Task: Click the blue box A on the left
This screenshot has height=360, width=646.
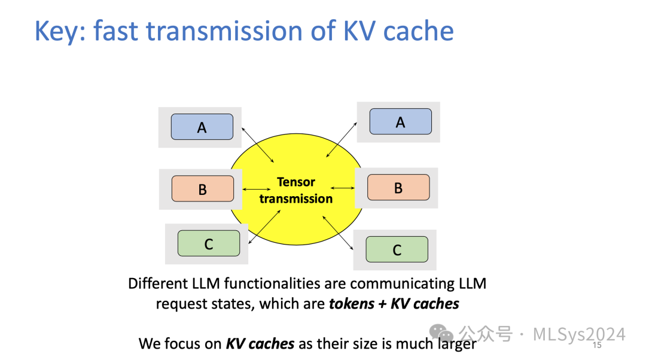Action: [x=202, y=127]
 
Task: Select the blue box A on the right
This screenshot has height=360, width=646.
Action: [x=400, y=121]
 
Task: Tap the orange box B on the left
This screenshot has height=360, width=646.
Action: [x=202, y=189]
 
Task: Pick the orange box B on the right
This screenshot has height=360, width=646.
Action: [x=398, y=187]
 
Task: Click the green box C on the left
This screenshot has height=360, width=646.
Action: [x=208, y=243]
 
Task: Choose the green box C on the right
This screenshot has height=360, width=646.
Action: [x=397, y=249]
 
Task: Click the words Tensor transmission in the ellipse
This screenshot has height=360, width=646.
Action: [x=295, y=190]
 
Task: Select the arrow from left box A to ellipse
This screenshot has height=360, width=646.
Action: [x=257, y=144]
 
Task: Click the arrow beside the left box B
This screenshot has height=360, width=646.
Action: [x=257, y=190]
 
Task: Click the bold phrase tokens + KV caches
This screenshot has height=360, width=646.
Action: [x=394, y=304]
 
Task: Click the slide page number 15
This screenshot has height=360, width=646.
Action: [x=596, y=346]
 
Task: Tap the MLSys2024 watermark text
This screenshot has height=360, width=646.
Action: [x=579, y=334]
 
